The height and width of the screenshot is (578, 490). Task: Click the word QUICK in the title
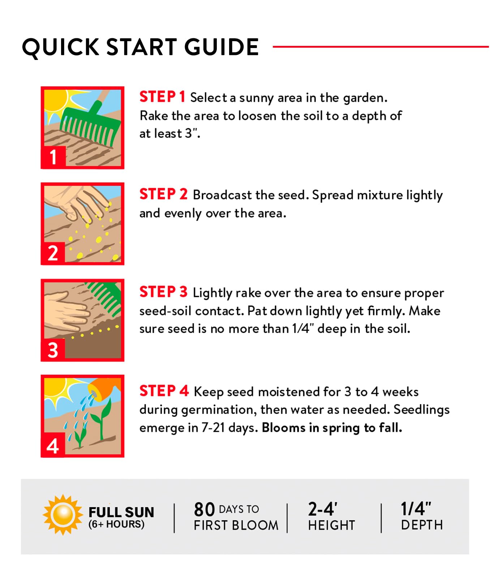click(x=61, y=48)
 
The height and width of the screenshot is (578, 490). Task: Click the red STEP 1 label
click(x=162, y=97)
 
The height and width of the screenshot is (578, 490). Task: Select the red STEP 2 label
click(x=163, y=194)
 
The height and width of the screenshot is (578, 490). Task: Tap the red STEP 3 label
click(x=163, y=292)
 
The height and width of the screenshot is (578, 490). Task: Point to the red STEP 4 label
click(x=164, y=391)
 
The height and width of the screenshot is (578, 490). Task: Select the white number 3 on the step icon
click(x=53, y=350)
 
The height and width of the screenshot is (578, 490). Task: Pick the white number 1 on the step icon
click(x=53, y=157)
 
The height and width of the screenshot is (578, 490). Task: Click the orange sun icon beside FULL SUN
click(x=63, y=514)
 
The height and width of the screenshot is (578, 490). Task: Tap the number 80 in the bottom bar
click(x=205, y=509)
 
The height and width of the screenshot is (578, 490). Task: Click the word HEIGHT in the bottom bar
click(x=332, y=525)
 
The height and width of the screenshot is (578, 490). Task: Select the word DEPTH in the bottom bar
click(x=422, y=525)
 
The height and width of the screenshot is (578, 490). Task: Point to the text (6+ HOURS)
click(x=116, y=524)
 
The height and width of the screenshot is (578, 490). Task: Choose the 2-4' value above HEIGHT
click(x=323, y=509)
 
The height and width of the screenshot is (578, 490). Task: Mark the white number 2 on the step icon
click(x=53, y=253)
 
